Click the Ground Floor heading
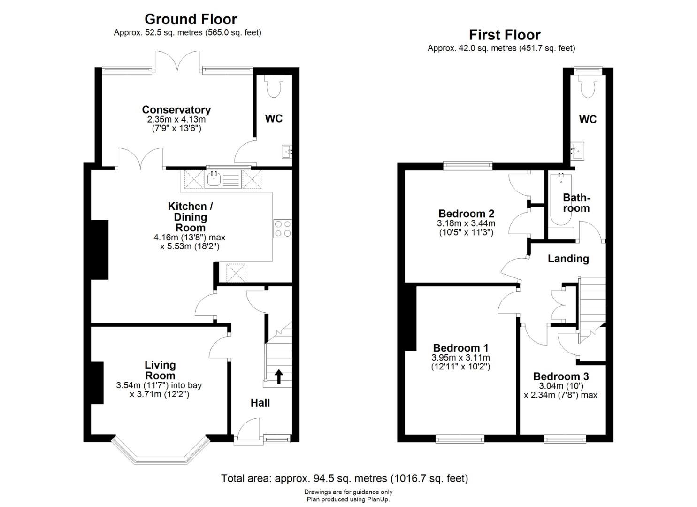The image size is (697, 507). tap(191, 19)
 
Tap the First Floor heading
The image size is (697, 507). tap(505, 35)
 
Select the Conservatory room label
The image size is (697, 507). tap(176, 109)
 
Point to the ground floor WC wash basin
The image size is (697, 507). tap(287, 152)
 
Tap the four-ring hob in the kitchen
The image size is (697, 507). tap(283, 229)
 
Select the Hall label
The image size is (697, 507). tap(260, 403)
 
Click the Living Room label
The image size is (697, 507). tap(160, 370)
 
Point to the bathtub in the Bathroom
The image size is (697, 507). tap(561, 200)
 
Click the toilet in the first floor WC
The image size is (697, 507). tap(588, 85)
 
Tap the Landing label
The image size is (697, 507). tap(568, 259)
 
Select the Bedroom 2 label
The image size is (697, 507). tap(466, 214)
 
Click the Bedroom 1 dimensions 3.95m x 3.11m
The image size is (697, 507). tap(461, 358)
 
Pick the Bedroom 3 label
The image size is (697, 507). tap(561, 376)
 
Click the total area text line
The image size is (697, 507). tap(345, 478)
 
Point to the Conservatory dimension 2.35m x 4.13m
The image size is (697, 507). tap(176, 119)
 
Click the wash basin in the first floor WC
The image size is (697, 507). tap(577, 151)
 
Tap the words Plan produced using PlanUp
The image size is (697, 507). tap(348, 499)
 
